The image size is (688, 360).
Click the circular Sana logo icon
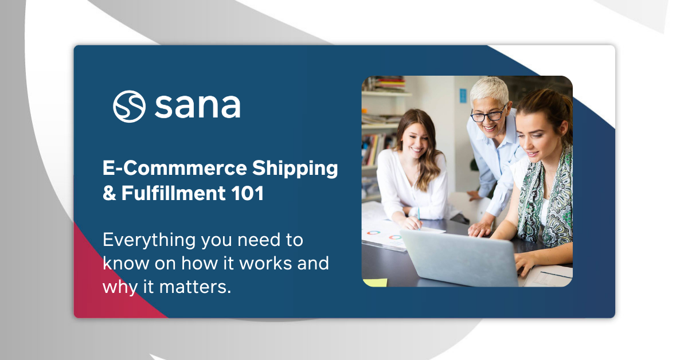tap(129, 106)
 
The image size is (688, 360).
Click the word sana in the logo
tap(197, 107)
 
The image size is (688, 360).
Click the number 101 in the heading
tap(249, 193)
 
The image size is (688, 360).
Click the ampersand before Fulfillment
tap(109, 194)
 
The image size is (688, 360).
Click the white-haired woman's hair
tap(490, 89)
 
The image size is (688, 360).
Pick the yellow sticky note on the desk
tap(375, 282)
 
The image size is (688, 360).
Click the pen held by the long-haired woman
tap(419, 214)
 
